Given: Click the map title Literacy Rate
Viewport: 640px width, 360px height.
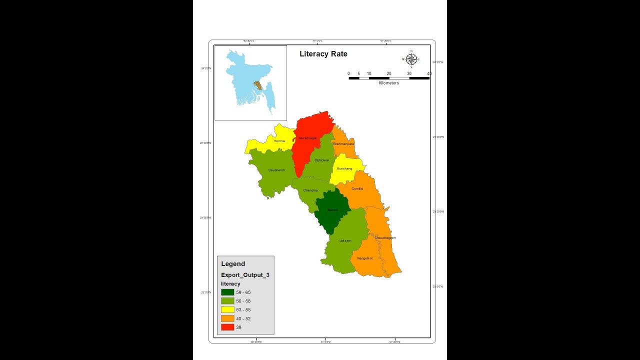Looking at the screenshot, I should point(323,54).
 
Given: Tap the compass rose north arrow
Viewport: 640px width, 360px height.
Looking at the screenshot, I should point(411,59).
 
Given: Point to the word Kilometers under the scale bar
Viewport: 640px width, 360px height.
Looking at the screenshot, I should point(388,83).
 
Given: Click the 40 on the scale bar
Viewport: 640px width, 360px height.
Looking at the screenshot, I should point(429,73).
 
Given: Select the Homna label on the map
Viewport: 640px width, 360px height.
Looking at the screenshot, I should point(279,141).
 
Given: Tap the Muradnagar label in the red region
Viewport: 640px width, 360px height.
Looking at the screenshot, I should point(307,138).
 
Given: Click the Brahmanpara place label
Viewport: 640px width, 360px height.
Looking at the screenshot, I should point(343,144).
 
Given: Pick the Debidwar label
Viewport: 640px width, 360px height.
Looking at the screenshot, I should point(322,160).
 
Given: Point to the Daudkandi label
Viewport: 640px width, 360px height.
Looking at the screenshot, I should point(276,170).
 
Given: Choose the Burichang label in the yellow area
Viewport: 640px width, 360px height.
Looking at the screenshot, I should point(344,169).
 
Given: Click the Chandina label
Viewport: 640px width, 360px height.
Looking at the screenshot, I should point(310,190).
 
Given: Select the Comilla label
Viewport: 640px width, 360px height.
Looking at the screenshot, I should point(357,188).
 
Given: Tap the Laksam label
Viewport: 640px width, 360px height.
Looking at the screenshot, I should point(345,240).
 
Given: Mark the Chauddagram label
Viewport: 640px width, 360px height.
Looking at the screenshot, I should point(385,238).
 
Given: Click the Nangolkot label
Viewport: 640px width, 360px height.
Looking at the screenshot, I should point(364,258).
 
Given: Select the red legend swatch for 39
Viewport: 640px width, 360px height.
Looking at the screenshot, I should point(228,327).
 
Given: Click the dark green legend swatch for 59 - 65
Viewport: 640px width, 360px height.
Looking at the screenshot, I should point(228,292).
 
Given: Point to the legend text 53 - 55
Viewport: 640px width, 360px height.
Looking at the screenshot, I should point(243,309).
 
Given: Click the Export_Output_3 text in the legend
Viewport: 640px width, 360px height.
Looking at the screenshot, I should point(245,275).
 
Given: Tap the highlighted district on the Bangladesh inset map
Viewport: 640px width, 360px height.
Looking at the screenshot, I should point(258,84).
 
